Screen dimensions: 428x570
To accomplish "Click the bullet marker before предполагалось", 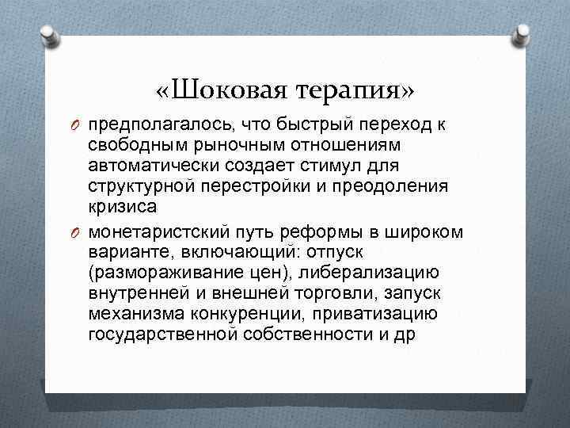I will (77, 127).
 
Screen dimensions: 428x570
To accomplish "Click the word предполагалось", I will (156, 127).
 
